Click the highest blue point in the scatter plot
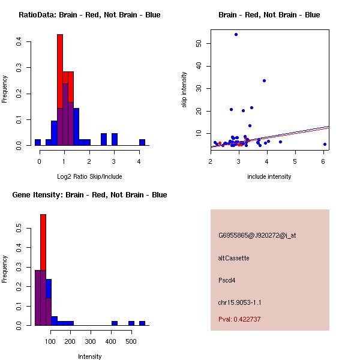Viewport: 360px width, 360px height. pyautogui.click(x=236, y=34)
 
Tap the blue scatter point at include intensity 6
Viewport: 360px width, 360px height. pyautogui.click(x=325, y=144)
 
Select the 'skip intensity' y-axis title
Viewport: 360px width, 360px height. pyautogui.click(x=185, y=90)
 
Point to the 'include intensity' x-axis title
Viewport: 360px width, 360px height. pyautogui.click(x=269, y=176)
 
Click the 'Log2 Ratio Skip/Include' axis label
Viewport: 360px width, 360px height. pyautogui.click(x=89, y=176)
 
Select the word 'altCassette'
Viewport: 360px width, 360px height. pyautogui.click(x=233, y=258)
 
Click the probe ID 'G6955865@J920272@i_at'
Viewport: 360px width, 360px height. pyautogui.click(x=257, y=235)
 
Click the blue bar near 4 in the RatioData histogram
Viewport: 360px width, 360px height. pyautogui.click(x=142, y=143)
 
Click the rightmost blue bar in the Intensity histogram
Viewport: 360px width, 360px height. pyautogui.click(x=142, y=323)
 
